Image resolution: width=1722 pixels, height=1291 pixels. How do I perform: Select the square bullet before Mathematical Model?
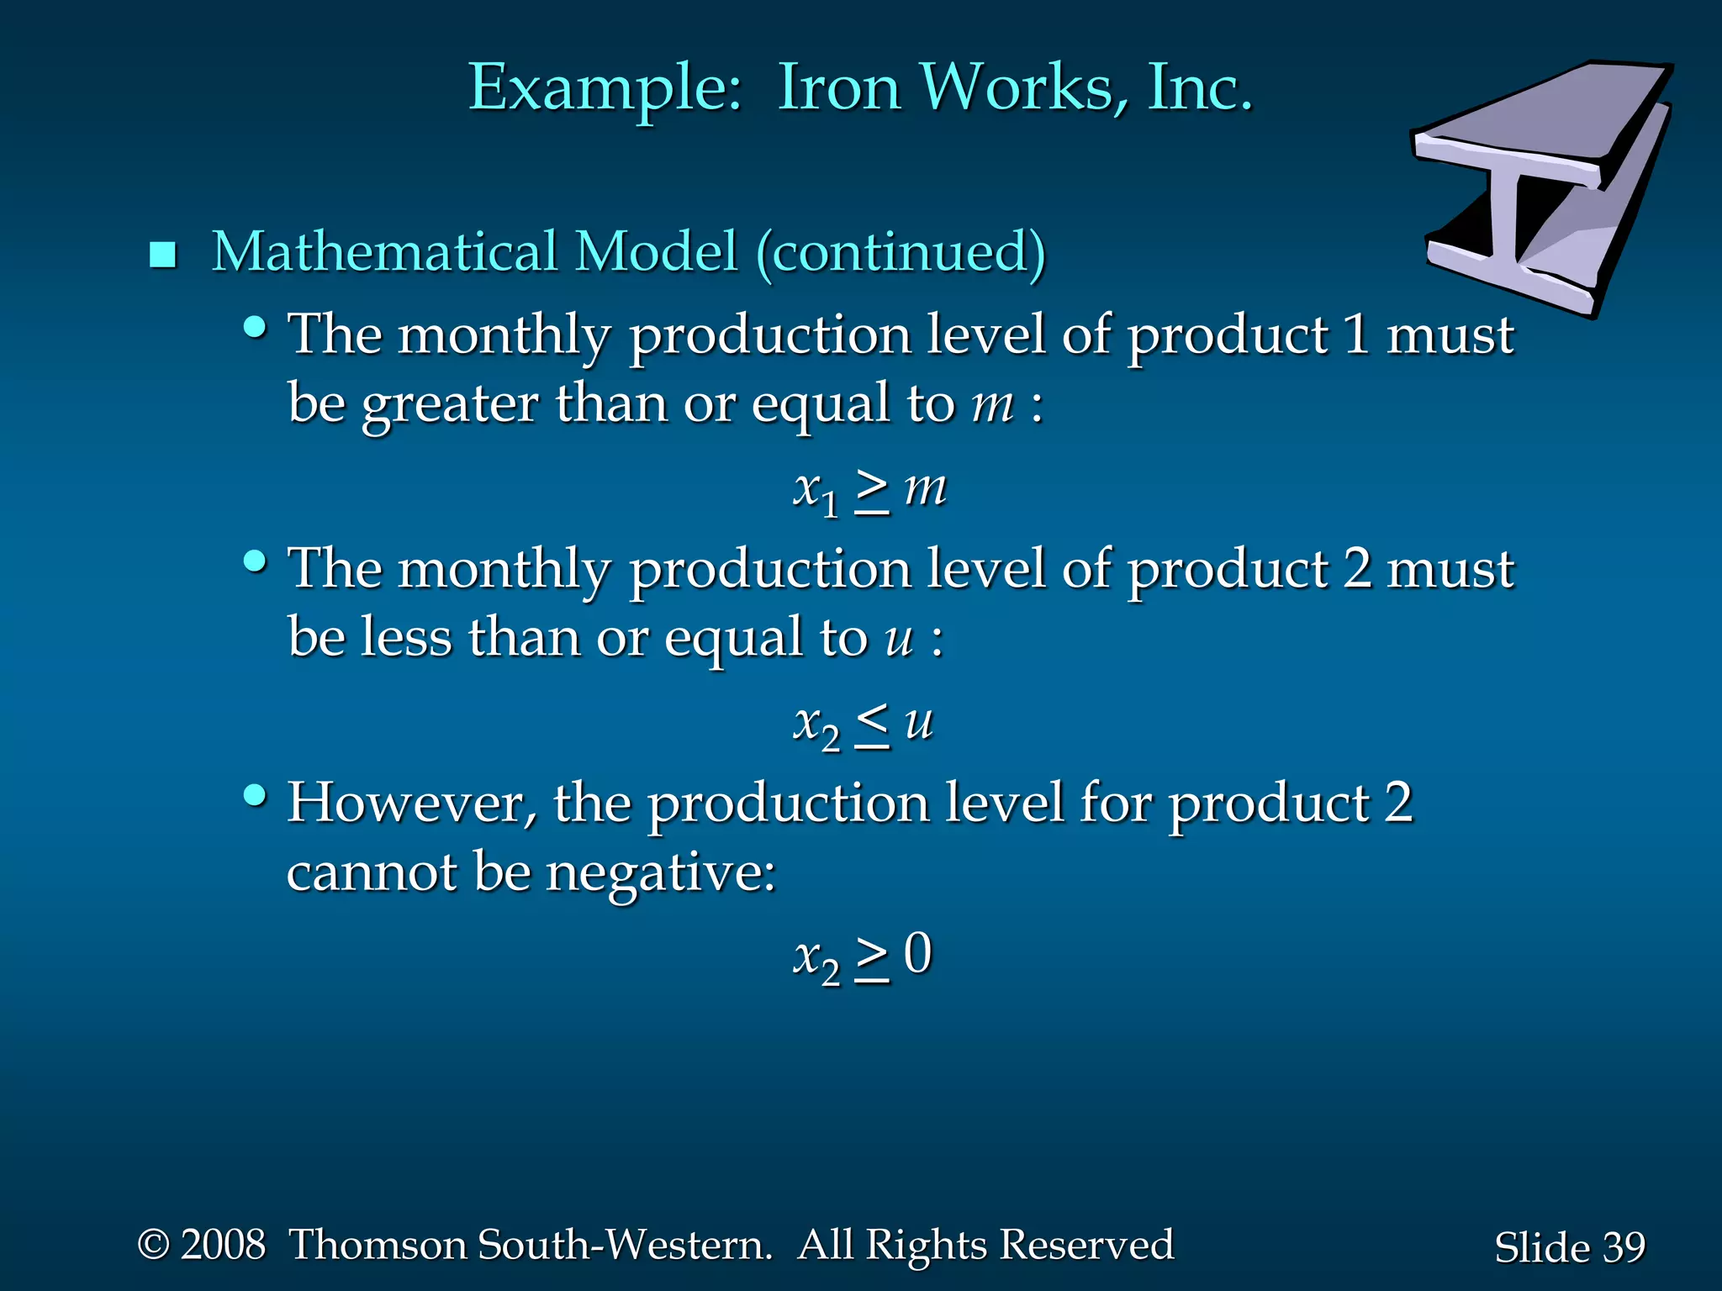click(162, 255)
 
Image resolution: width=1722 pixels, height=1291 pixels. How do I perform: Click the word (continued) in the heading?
click(901, 252)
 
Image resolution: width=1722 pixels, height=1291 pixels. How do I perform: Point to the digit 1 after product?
click(1355, 335)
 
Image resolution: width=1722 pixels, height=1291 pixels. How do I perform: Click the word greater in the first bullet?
click(450, 405)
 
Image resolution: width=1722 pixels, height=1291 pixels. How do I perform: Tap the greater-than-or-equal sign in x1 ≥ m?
click(873, 491)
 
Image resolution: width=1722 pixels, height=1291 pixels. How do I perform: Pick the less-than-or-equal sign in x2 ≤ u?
click(873, 725)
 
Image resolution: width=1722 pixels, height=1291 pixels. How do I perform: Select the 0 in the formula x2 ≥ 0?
click(918, 954)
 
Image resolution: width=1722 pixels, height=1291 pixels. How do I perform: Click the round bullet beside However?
click(255, 794)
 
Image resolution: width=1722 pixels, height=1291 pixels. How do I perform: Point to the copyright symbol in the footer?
click(154, 1245)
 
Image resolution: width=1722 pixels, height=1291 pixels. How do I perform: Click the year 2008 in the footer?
click(223, 1245)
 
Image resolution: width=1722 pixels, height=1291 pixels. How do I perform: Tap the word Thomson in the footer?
click(378, 1245)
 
